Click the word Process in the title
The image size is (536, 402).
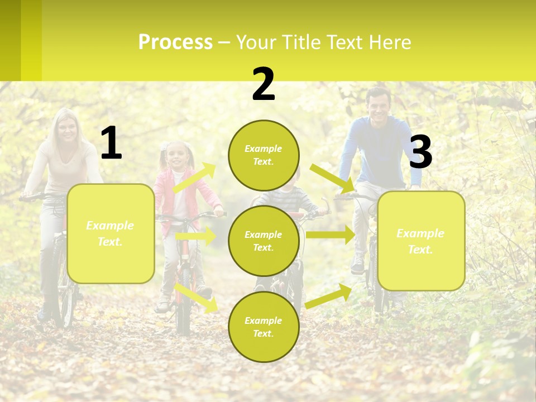pyautogui.click(x=175, y=42)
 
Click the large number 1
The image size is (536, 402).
pyautogui.click(x=111, y=143)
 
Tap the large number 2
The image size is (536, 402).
pyautogui.click(x=264, y=84)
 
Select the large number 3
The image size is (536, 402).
pyautogui.click(x=420, y=152)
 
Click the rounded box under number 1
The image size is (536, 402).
pyautogui.click(x=111, y=233)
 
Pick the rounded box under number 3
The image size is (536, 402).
pyautogui.click(x=421, y=241)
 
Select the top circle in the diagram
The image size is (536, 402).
pyautogui.click(x=264, y=155)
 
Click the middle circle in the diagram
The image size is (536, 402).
pyautogui.click(x=264, y=241)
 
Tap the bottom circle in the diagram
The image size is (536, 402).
pyautogui.click(x=264, y=327)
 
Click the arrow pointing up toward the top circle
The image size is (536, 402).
pyautogui.click(x=195, y=178)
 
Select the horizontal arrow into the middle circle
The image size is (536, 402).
pyautogui.click(x=196, y=236)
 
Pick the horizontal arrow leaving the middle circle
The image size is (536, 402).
pyautogui.click(x=330, y=235)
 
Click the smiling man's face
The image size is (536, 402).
pyautogui.click(x=379, y=105)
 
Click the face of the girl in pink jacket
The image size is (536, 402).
pyautogui.click(x=178, y=156)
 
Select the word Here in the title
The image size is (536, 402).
pyautogui.click(x=390, y=42)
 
